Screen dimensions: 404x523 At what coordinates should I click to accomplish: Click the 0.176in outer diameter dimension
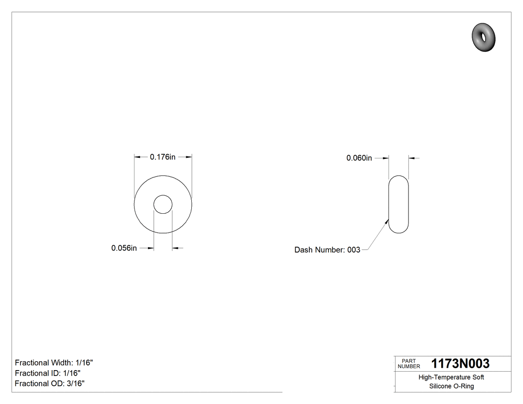[x=163, y=157]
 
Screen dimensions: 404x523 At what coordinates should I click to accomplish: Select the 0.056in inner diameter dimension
[x=124, y=248]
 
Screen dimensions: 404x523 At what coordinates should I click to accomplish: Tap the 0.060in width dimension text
[x=359, y=158]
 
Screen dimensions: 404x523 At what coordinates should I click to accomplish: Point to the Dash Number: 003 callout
[x=327, y=250]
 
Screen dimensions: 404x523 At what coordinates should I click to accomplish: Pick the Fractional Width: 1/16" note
[x=54, y=363]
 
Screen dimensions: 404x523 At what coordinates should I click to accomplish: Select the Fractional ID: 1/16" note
[x=48, y=373]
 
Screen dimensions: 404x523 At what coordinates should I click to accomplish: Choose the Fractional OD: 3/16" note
[x=49, y=384]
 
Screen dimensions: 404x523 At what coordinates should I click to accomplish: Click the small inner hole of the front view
[x=163, y=204]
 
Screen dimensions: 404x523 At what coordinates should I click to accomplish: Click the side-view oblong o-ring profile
[x=398, y=204]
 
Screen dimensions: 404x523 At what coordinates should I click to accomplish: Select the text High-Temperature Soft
[x=451, y=377]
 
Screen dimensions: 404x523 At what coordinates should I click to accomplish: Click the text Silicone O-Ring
[x=451, y=386]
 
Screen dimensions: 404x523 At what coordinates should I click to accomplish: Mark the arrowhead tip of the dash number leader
[x=389, y=219]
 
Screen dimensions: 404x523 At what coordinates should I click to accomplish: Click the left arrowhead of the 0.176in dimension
[x=136, y=157]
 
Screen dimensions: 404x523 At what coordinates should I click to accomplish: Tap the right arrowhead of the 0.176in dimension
[x=190, y=157]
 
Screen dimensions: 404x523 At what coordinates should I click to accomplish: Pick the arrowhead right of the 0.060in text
[x=386, y=158]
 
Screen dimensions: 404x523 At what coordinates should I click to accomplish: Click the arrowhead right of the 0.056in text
[x=151, y=248]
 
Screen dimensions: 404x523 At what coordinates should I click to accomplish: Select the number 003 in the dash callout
[x=353, y=250]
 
